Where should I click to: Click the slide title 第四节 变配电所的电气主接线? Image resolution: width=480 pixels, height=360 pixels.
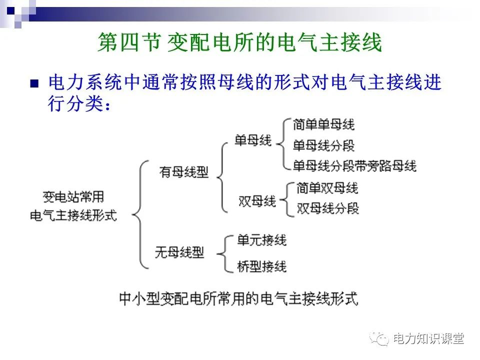click(x=239, y=43)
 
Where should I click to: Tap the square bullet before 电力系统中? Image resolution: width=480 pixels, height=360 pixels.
click(x=34, y=83)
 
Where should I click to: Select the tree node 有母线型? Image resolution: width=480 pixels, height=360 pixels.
click(x=183, y=172)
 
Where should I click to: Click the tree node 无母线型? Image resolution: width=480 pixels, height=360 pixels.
click(x=179, y=252)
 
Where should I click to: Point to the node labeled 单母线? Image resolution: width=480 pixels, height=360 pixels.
click(x=253, y=140)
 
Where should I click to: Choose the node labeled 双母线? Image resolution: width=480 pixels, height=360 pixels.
click(x=257, y=201)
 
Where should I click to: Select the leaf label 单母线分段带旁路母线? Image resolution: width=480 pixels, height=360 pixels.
click(x=354, y=165)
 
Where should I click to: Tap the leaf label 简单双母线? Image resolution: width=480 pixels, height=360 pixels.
click(x=327, y=188)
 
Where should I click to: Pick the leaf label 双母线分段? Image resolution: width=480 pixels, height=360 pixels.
click(x=327, y=208)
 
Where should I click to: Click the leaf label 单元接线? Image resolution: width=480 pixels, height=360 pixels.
click(x=262, y=240)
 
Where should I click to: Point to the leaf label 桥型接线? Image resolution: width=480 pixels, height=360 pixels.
click(x=262, y=266)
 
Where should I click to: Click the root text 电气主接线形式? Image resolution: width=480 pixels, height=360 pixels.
click(x=73, y=216)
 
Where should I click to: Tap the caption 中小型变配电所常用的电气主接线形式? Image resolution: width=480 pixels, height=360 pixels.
click(x=238, y=299)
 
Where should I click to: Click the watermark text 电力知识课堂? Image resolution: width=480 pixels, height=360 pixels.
click(x=428, y=339)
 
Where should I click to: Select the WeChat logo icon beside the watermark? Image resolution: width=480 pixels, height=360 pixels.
click(x=380, y=339)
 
